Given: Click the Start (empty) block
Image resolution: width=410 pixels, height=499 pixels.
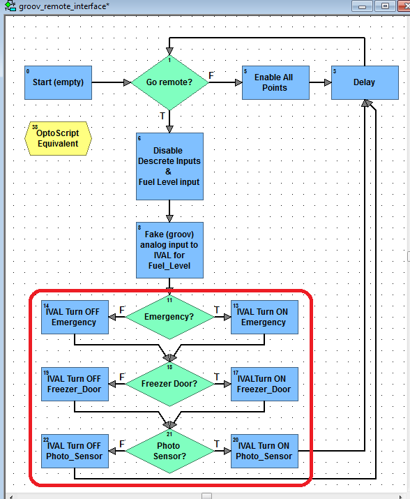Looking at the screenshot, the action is pyautogui.click(x=58, y=83).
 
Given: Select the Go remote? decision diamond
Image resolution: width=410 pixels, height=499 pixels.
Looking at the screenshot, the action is pyautogui.click(x=169, y=83).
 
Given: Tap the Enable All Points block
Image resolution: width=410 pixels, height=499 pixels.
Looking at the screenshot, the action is pyautogui.click(x=275, y=83).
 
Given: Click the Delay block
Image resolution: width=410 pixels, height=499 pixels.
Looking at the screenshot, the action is pyautogui.click(x=365, y=83).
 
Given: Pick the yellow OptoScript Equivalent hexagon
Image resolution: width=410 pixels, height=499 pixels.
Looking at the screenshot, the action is pyautogui.click(x=58, y=138).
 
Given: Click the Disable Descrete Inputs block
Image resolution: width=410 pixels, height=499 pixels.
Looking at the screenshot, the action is pyautogui.click(x=169, y=166).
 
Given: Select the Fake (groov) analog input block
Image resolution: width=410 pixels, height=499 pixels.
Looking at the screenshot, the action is pyautogui.click(x=169, y=250).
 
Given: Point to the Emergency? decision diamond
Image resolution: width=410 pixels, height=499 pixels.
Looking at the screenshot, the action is pyautogui.click(x=169, y=317).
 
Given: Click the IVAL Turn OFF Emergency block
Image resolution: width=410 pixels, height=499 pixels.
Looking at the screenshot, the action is pyautogui.click(x=75, y=318).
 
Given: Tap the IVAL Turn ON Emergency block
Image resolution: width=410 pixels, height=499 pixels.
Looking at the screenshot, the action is pyautogui.click(x=264, y=318).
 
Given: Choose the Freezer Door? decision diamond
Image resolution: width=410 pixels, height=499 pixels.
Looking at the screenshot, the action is pyautogui.click(x=169, y=384).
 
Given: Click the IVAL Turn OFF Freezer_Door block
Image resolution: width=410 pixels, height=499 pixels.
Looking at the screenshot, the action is pyautogui.click(x=75, y=384).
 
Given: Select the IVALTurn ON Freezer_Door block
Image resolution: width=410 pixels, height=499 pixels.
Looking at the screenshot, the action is pyautogui.click(x=264, y=384).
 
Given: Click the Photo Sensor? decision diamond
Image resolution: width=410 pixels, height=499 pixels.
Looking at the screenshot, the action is pyautogui.click(x=169, y=451).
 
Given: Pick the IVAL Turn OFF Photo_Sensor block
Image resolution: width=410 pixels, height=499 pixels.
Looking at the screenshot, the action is pyautogui.click(x=75, y=452).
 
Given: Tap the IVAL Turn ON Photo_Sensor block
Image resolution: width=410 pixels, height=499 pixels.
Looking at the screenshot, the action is pyautogui.click(x=264, y=452).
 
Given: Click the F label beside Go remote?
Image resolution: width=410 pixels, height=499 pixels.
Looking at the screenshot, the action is pyautogui.click(x=211, y=75).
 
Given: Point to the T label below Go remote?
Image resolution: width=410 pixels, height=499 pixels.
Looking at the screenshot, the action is pyautogui.click(x=162, y=116).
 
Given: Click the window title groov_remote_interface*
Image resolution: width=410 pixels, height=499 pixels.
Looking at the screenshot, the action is pyautogui.click(x=64, y=6).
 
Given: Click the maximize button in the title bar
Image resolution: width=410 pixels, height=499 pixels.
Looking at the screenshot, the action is pyautogui.click(x=385, y=6).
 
